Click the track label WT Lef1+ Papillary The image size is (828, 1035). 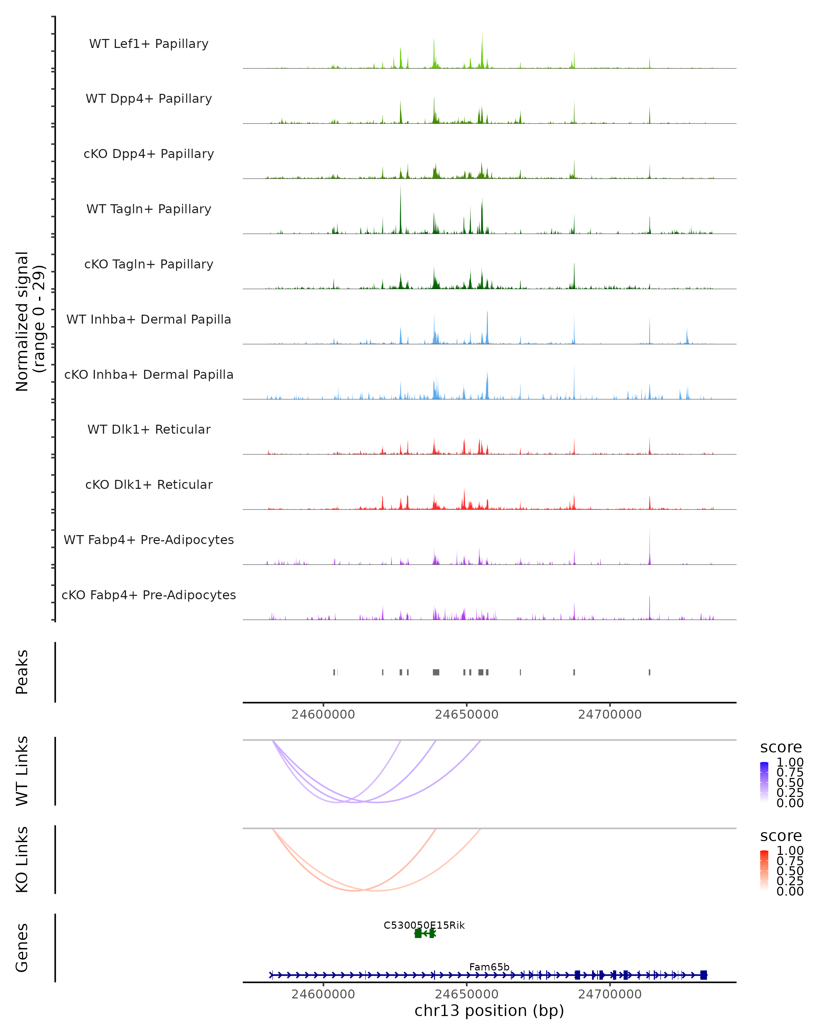coord(149,44)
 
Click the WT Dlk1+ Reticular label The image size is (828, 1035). coord(149,429)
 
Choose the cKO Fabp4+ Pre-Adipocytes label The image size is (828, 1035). coord(149,595)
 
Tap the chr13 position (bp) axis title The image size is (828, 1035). coord(489,1011)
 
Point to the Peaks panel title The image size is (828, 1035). coord(22,672)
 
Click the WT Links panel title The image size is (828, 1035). coord(22,771)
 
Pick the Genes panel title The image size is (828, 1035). coord(22,948)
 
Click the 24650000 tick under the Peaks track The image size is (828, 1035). coord(466,714)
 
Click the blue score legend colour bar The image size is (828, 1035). coord(764,782)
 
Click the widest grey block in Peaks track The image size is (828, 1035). coord(436,672)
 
